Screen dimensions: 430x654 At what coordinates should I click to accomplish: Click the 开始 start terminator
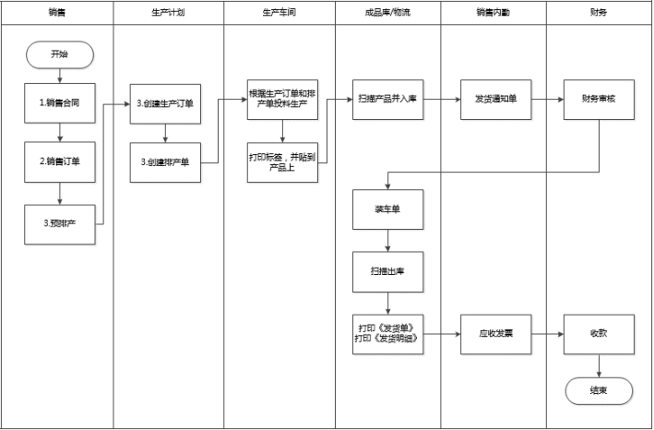pos(60,54)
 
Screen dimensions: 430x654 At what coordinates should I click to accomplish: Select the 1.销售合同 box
pos(60,102)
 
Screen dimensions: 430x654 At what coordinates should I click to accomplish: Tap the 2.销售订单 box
pos(60,161)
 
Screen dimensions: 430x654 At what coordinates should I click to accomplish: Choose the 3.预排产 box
pos(60,223)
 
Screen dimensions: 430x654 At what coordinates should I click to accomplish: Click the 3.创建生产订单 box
pos(165,102)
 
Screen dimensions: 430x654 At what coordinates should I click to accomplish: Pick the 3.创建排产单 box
pos(165,161)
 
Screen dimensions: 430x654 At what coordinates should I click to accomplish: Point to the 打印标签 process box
pos(282,161)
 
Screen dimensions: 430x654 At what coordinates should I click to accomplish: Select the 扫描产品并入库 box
pos(388,97)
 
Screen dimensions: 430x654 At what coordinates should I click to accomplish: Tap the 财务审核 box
pos(600,97)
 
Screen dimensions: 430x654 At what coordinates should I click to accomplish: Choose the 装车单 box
pos(388,209)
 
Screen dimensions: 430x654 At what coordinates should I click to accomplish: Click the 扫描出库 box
pos(388,271)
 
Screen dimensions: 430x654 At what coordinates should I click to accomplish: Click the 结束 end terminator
pos(600,389)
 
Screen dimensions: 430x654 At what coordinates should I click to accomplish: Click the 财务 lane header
pos(599,14)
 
